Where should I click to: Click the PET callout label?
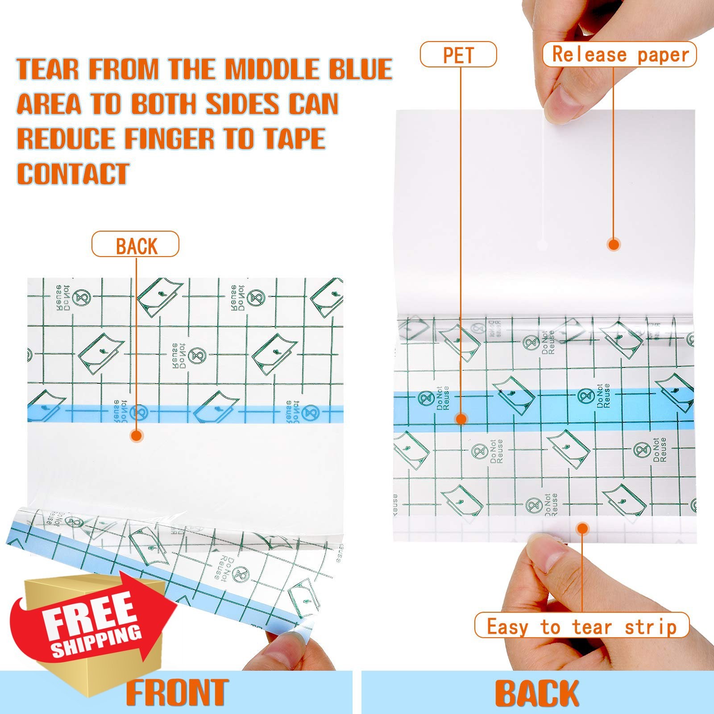pos(458,54)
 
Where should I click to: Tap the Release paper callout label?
pos(620,54)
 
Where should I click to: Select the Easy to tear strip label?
pos(581,627)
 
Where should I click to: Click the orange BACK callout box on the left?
pos(136,245)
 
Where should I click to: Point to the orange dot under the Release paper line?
pos(614,244)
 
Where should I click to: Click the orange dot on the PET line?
pos(461,419)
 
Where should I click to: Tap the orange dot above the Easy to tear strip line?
pos(582,529)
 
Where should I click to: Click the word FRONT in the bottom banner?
pos(177,693)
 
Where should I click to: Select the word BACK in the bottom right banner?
pos(537,693)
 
